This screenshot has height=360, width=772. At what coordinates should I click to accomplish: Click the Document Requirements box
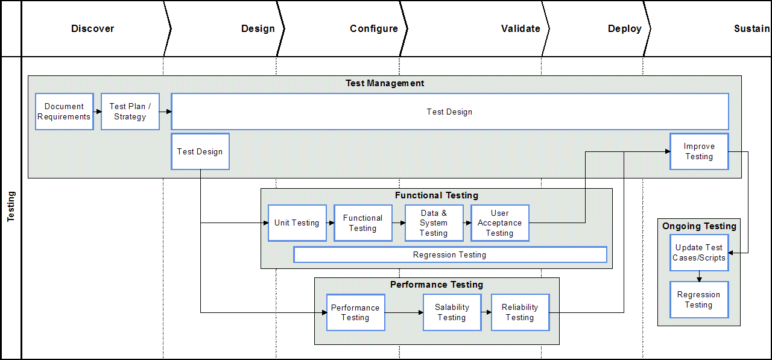pos(64,112)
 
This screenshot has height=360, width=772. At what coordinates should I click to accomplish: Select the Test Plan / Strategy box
pos(130,112)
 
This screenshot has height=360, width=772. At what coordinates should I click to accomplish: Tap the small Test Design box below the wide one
pos(200,151)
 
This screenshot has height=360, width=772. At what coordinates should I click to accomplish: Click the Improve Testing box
pos(699,151)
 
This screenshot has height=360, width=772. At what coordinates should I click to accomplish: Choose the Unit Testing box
pos(297,223)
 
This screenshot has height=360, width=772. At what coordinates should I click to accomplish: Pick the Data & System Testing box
pos(434,223)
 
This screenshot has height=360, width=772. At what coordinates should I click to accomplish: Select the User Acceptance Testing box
pos(499,223)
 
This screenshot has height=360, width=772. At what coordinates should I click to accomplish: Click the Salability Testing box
pos(452,312)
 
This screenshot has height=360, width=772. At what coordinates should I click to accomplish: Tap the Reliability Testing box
pos(520,312)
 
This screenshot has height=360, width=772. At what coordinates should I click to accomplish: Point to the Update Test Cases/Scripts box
pos(699,253)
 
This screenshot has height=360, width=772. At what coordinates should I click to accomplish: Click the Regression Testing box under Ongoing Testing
pos(699,300)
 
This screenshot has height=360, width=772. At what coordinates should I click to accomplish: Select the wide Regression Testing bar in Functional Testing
pos(450,255)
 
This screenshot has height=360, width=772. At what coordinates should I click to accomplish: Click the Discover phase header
pos(92,28)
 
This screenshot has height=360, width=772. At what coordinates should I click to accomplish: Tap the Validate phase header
pos(520,28)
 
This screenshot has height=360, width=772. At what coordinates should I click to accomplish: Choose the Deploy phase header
pos(624,28)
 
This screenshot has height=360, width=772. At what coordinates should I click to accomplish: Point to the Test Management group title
pos(385,83)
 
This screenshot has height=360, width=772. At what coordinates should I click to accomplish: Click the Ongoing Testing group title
pos(699,226)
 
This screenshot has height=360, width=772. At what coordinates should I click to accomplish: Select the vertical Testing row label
pos(11,207)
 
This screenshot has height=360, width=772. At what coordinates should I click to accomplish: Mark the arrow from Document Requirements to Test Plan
pos(97,112)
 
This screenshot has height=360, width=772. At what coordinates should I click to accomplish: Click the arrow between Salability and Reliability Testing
pos(486,312)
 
